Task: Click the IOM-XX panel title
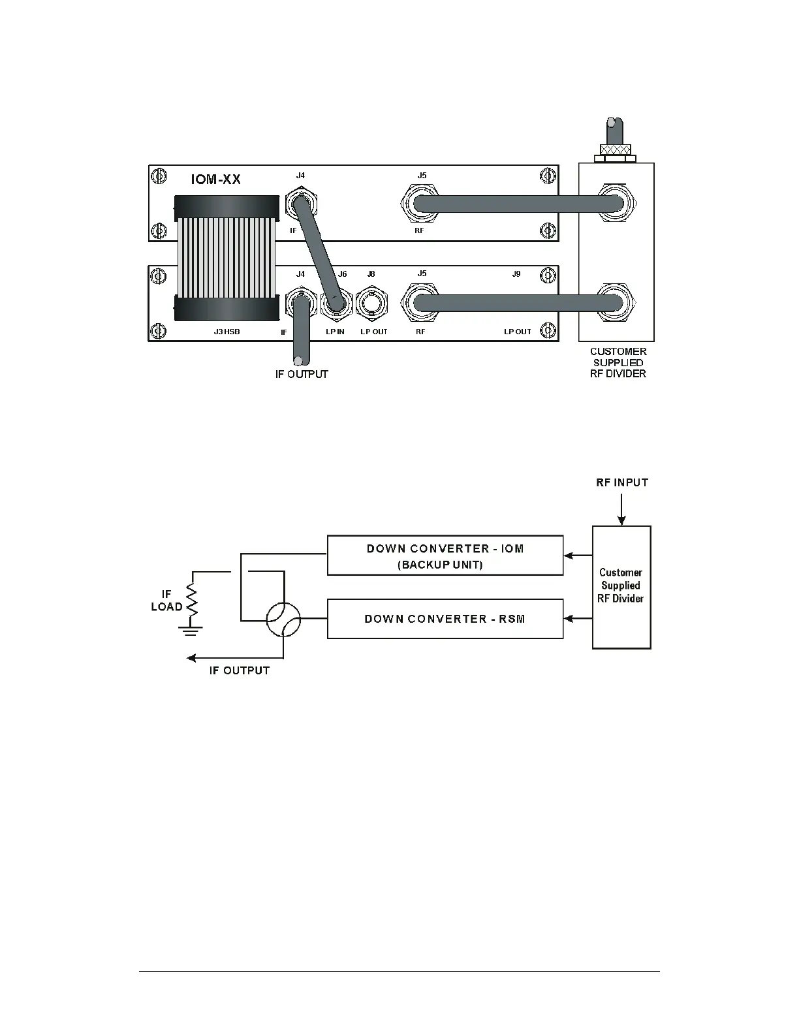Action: tap(215, 180)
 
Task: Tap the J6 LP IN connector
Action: tap(336, 304)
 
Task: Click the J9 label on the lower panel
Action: tap(516, 274)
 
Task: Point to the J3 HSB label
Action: tap(227, 332)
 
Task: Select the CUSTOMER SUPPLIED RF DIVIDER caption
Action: tap(618, 362)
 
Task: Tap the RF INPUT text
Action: tap(622, 483)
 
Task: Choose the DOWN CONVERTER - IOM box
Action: tap(445, 556)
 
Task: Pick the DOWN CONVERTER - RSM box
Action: tap(445, 618)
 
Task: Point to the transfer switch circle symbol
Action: tap(283, 618)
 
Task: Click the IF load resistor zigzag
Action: tap(193, 599)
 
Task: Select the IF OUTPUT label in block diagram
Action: tap(239, 670)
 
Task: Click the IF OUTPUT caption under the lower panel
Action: tap(301, 374)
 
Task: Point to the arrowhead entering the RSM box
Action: tap(569, 618)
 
